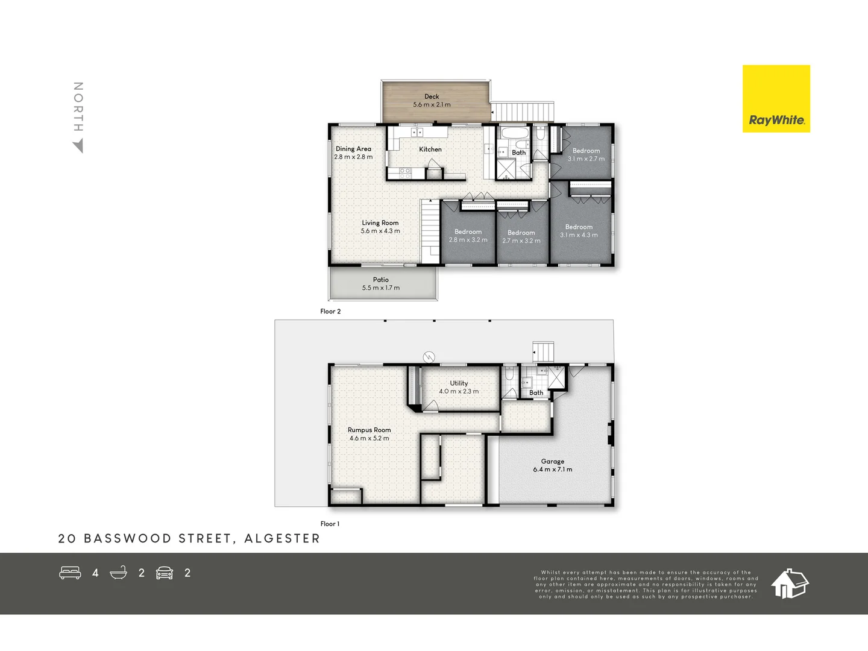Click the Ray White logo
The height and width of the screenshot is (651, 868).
point(776,99)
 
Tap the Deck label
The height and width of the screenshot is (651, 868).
point(432,96)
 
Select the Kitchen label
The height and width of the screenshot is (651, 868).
point(430,149)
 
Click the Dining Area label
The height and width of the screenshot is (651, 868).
point(353,149)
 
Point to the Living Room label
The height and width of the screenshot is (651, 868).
point(380,223)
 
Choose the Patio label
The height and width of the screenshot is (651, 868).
point(381,280)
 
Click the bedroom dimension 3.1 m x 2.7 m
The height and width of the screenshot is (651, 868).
point(586,159)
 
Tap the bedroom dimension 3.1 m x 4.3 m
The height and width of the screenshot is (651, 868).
point(579,235)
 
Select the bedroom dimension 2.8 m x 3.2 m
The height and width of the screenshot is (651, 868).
point(468,240)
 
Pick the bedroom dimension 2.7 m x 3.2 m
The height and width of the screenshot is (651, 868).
point(521,241)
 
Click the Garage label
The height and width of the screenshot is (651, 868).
point(553,462)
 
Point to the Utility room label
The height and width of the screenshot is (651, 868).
point(459,383)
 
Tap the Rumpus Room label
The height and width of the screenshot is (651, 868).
point(369,430)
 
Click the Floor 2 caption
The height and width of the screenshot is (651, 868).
point(330,312)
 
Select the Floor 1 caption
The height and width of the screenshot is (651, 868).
point(330,524)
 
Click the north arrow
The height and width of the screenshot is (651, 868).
point(78,146)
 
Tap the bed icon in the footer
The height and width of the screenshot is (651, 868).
point(70,573)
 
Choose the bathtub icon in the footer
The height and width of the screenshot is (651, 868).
point(119,573)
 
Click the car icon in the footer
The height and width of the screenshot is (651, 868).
point(165,573)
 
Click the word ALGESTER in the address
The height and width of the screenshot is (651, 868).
point(282,538)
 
